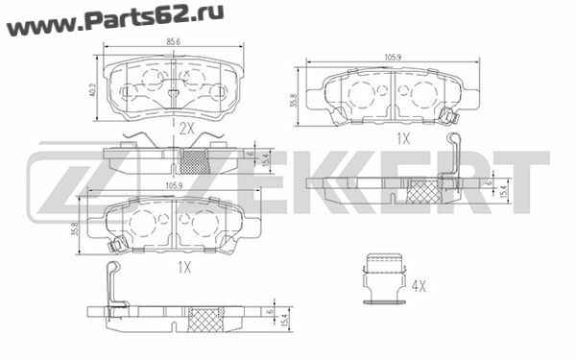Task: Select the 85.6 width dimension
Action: tap(174, 42)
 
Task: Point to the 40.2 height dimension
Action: tap(92, 90)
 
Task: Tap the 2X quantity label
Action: tap(186, 129)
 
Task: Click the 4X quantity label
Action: tap(419, 286)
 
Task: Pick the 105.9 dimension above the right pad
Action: tap(393, 57)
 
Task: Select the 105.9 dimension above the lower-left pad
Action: tap(174, 186)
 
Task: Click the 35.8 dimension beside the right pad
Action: tap(293, 100)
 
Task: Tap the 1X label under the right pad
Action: tap(403, 139)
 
